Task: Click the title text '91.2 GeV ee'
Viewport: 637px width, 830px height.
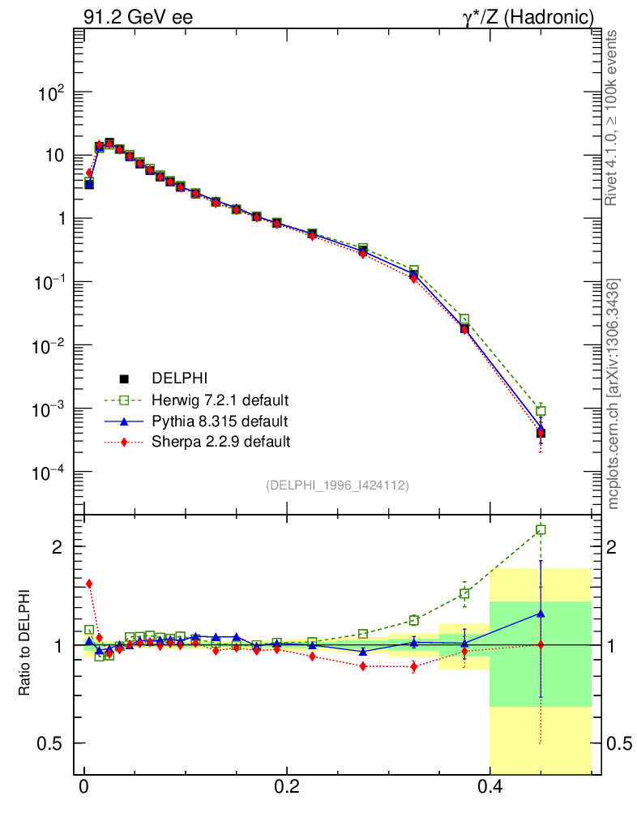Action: click(x=138, y=17)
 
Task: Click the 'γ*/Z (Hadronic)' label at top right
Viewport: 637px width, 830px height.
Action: click(x=528, y=17)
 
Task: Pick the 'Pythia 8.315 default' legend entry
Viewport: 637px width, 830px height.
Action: click(x=220, y=421)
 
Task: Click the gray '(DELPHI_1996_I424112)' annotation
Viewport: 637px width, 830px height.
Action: click(x=337, y=486)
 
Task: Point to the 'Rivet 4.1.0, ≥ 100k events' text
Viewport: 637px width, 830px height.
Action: click(x=613, y=118)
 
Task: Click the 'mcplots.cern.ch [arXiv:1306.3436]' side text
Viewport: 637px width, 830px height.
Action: click(x=613, y=394)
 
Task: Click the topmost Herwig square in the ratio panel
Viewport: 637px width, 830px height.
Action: click(x=541, y=530)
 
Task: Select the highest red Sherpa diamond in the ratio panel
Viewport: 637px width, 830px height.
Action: click(x=89, y=584)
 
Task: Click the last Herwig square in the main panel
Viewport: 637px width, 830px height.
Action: click(x=541, y=411)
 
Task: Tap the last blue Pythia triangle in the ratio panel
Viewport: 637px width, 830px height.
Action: click(x=541, y=614)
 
